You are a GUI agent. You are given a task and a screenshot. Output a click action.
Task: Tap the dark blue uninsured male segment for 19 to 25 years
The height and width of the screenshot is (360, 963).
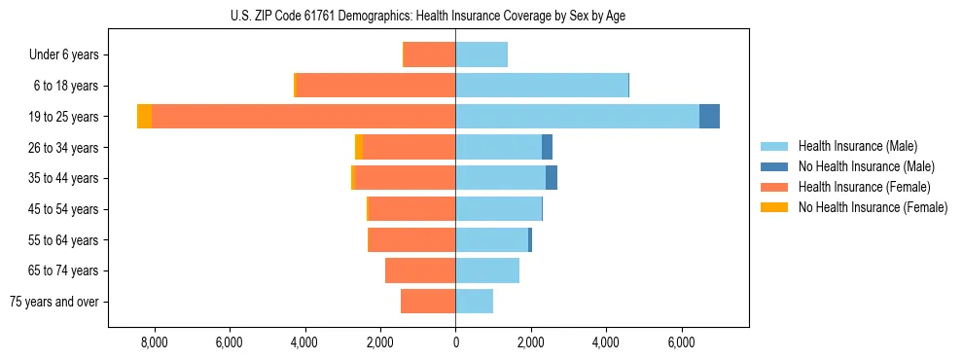click(709, 116)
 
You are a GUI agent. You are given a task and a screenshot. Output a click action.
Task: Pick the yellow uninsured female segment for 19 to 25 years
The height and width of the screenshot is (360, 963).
click(144, 116)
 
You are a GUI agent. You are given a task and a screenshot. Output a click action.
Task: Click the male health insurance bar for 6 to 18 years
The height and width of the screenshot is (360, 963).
click(542, 86)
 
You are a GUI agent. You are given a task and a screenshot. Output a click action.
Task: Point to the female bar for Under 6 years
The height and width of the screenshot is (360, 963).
click(429, 54)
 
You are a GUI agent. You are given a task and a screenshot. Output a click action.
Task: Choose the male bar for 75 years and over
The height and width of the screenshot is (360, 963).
click(474, 302)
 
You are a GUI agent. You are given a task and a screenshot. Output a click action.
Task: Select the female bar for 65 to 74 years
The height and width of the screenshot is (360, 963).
click(420, 270)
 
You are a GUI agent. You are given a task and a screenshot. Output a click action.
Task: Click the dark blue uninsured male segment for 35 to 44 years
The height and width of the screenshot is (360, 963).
click(552, 178)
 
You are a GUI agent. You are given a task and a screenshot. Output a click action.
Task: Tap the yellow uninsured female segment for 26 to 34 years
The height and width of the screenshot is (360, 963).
click(359, 147)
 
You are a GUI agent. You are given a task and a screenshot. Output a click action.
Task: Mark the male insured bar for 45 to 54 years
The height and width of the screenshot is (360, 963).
click(498, 209)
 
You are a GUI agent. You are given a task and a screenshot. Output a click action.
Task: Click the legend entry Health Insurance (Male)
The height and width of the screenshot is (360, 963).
click(858, 146)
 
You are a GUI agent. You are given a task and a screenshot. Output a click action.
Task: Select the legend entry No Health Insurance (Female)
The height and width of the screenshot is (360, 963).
click(873, 207)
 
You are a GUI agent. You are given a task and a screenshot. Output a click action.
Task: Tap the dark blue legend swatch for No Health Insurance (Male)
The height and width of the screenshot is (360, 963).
click(774, 166)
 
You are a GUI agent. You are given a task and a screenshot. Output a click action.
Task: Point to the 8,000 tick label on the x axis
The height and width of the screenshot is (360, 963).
click(154, 342)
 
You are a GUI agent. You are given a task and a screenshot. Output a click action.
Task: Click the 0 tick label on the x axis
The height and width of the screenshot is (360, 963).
click(455, 342)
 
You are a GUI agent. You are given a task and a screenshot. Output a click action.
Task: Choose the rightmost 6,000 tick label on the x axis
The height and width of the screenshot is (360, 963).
click(681, 342)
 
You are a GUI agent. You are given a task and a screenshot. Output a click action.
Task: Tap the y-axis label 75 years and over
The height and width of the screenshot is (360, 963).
click(53, 302)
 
